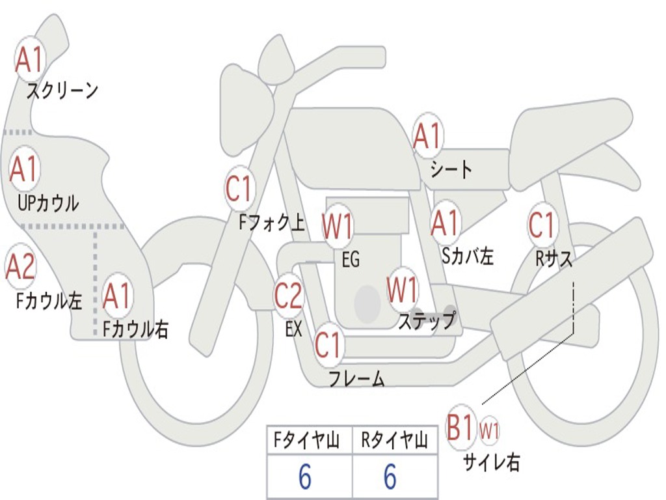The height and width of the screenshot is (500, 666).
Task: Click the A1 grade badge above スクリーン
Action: click(29, 59)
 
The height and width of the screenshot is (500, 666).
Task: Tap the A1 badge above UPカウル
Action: click(24, 169)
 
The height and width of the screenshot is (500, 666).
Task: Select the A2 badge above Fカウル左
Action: click(20, 266)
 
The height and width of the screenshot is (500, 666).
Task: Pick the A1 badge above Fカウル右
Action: click(117, 296)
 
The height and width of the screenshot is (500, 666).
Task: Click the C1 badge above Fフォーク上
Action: click(239, 189)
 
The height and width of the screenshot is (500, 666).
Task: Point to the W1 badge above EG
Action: click(338, 228)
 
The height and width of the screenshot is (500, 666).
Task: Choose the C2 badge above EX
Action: click(288, 296)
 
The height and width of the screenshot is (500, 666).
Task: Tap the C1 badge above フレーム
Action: click(328, 345)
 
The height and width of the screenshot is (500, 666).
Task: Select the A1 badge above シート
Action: click(427, 136)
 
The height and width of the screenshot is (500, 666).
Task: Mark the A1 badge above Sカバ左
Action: click(446, 223)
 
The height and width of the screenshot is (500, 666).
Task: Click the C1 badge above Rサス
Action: click(542, 225)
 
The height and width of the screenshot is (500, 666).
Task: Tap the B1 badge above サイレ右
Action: click(462, 428)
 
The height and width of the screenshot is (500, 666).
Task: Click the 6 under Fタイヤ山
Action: click(305, 477)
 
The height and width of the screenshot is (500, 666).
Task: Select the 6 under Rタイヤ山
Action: click(390, 477)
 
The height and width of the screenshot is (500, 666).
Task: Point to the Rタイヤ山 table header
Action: click(394, 441)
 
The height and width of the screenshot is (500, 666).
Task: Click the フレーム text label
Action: click(356, 379)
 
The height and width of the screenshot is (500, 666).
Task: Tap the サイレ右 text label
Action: click(491, 463)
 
